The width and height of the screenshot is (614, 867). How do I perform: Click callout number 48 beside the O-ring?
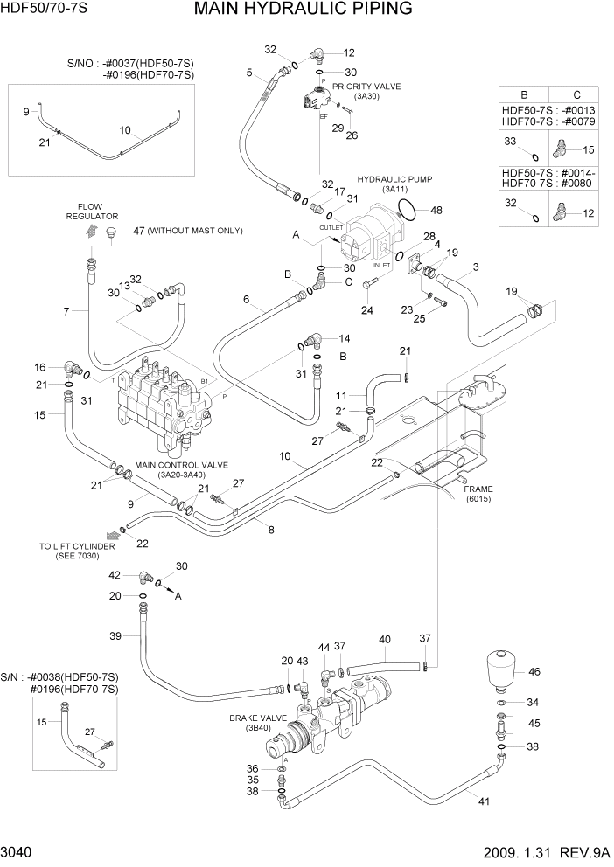[436, 210]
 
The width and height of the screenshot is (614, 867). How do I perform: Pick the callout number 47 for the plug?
[137, 231]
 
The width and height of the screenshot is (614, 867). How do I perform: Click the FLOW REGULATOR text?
[97, 212]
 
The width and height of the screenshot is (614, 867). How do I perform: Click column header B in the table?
[524, 94]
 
